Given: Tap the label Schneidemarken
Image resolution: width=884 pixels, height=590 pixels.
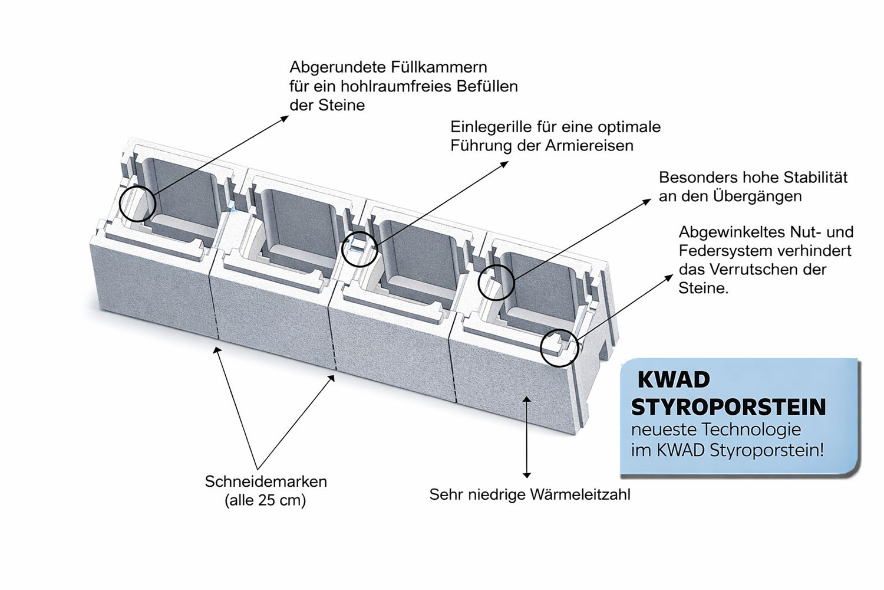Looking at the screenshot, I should click(265, 481).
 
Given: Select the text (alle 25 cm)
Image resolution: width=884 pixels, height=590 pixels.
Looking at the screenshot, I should click(265, 501).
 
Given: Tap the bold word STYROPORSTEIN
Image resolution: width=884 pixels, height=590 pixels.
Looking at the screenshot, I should click(728, 407).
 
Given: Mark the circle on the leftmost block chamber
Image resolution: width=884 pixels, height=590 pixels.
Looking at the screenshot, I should click(137, 204).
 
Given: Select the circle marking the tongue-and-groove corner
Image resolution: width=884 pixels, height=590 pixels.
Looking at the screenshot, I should click(559, 348).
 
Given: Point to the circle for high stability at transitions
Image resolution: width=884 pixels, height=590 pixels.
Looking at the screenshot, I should click(496, 283).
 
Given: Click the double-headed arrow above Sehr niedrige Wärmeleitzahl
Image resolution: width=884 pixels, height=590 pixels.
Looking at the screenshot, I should click(527, 437).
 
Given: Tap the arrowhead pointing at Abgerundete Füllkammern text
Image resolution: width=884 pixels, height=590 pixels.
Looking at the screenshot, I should click(285, 117).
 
